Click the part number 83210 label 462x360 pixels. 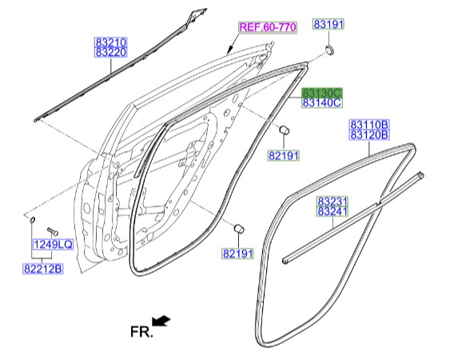coord(110,42)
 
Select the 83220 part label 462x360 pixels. coord(110,53)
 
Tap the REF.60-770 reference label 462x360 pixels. coord(268,27)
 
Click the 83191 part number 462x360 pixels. coord(329,24)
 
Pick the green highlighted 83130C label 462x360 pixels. coord(322,93)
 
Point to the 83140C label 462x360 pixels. coord(322,103)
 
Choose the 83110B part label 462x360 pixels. coord(369,125)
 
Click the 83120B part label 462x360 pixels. coord(369,135)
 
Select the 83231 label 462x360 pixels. coord(333,202)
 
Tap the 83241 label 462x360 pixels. coord(333,211)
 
